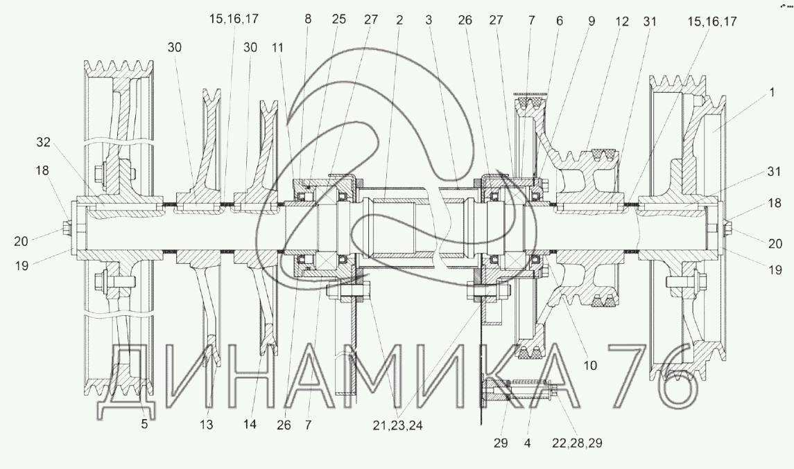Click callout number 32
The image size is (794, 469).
click(44, 142)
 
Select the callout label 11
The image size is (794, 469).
click(277, 48)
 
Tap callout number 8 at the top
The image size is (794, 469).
click(308, 19)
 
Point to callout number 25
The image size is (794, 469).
click(339, 19)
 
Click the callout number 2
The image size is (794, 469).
click(399, 19)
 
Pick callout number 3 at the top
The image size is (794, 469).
click(429, 19)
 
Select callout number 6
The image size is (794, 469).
click(560, 21)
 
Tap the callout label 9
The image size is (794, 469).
click(592, 21)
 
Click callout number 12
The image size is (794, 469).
click(622, 21)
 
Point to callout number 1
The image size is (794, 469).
click(772, 93)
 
